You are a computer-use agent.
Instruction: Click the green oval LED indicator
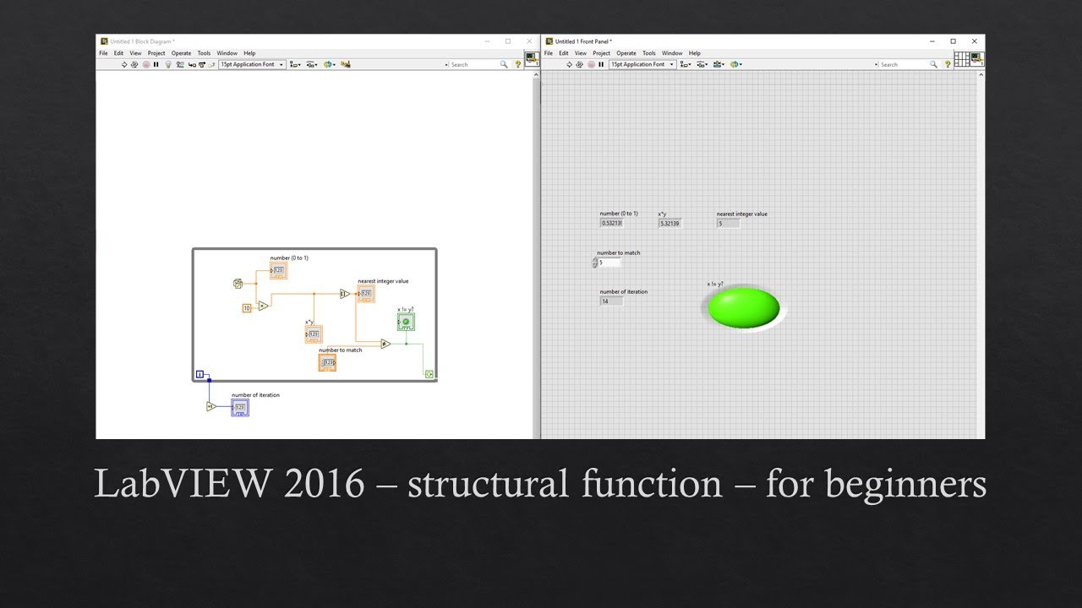point(743,307)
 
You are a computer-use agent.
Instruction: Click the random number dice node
point(238,284)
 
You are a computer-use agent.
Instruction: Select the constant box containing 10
point(247,308)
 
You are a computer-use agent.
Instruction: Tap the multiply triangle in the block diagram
point(264,306)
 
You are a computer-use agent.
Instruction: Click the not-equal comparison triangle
point(385,344)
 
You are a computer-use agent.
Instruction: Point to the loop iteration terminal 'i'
point(199,374)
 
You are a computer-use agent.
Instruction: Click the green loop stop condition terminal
point(429,373)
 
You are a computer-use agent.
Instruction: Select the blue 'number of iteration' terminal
point(240,408)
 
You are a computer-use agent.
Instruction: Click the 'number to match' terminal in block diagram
point(327,362)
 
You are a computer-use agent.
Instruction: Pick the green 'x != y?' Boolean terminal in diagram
point(406,322)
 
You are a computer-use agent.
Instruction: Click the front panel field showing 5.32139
point(669,223)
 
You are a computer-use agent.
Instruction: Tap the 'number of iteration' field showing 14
point(611,301)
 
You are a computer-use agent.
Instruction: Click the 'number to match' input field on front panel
point(609,263)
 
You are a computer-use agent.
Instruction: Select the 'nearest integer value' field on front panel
point(728,223)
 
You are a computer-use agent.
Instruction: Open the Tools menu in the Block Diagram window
point(204,53)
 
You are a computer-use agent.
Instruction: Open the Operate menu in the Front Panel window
point(626,53)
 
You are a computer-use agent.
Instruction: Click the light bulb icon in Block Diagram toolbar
point(168,64)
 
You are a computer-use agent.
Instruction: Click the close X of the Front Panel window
point(974,41)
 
